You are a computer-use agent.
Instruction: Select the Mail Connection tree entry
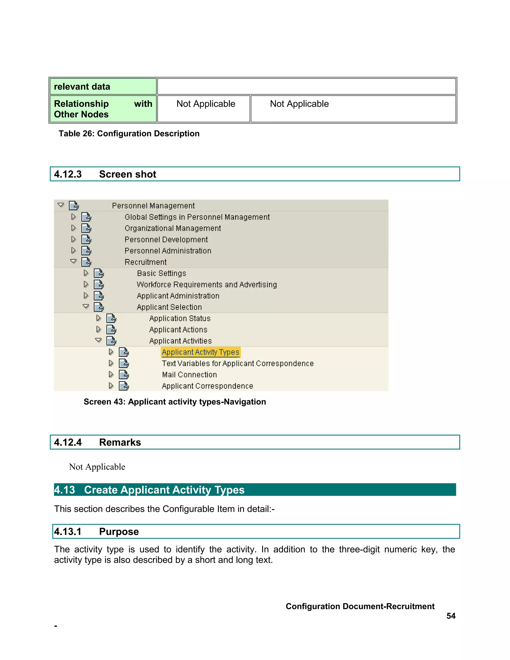pyautogui.click(x=189, y=375)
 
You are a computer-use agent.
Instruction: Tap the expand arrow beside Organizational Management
pyautogui.click(x=73, y=228)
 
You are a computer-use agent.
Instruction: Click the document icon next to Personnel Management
pyautogui.click(x=74, y=205)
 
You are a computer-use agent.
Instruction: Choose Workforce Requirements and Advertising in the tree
pyautogui.click(x=207, y=285)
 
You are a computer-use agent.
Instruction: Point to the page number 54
pyautogui.click(x=451, y=616)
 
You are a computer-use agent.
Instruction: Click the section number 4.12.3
pyautogui.click(x=68, y=174)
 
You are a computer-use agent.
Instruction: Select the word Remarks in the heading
pyautogui.click(x=120, y=442)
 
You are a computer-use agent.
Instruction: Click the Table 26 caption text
pyautogui.click(x=129, y=133)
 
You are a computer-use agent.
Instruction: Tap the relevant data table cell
pyautogui.click(x=103, y=87)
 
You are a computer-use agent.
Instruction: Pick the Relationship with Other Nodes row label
pyautogui.click(x=103, y=109)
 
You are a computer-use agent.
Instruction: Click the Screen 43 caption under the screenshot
pyautogui.click(x=175, y=402)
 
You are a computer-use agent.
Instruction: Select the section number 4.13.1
pyautogui.click(x=68, y=531)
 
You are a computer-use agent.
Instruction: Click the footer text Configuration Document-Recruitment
pyautogui.click(x=360, y=606)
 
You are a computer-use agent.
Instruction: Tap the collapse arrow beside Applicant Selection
pyautogui.click(x=86, y=306)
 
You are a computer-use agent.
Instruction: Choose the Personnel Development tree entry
pyautogui.click(x=166, y=240)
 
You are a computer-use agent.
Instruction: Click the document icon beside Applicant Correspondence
pyautogui.click(x=124, y=386)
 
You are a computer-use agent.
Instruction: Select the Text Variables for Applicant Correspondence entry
pyautogui.click(x=238, y=364)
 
